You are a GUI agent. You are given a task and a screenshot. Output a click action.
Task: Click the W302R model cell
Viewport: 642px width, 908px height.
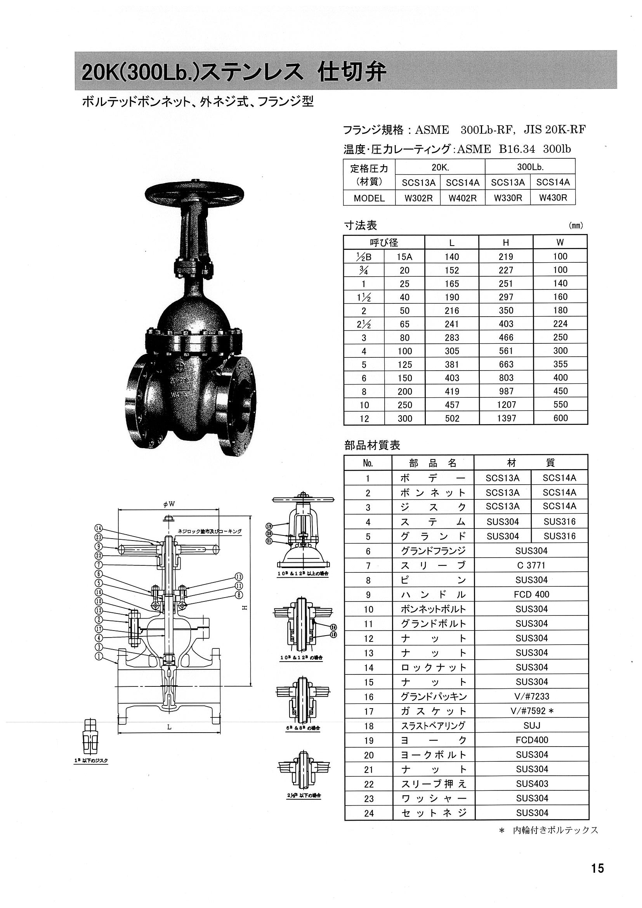tap(418, 198)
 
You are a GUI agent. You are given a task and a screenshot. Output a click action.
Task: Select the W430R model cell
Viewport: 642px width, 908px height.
tap(553, 198)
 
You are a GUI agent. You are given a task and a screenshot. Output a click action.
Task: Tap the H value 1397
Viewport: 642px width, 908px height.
tap(506, 418)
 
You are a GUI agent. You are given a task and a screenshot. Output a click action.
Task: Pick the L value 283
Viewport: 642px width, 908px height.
tap(451, 337)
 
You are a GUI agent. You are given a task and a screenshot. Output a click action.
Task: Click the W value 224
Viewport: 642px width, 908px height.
tap(560, 324)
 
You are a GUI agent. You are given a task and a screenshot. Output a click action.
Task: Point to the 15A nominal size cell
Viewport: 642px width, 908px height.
tap(404, 256)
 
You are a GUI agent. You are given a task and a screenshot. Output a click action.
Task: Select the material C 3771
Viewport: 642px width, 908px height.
tap(531, 565)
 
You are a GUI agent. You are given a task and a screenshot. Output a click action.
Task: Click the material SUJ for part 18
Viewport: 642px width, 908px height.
tap(531, 726)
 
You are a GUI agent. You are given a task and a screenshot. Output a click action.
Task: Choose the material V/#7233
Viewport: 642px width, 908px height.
tap(531, 697)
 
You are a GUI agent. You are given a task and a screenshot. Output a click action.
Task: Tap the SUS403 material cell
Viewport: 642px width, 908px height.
tap(532, 784)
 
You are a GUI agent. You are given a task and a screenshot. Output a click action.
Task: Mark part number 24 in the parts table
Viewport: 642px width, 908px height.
tap(369, 813)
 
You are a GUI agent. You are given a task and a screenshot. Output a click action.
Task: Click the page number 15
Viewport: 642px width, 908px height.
tap(597, 868)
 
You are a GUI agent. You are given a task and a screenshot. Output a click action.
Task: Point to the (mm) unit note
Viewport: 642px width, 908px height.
tap(576, 226)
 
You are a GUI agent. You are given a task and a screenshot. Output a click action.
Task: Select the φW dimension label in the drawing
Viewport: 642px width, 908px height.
tap(168, 504)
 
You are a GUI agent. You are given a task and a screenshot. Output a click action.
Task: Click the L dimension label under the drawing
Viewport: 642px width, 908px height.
tap(169, 727)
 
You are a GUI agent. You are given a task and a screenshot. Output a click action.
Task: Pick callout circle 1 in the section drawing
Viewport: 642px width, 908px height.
tap(99, 657)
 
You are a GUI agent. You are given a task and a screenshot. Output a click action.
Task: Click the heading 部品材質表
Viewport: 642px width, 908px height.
tap(372, 445)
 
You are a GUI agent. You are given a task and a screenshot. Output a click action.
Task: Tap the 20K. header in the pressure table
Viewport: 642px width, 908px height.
tap(440, 167)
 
